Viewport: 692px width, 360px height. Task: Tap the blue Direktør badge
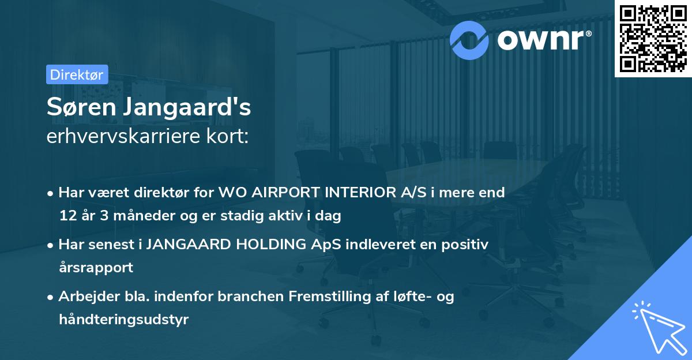click(x=77, y=74)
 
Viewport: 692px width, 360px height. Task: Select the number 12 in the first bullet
click(x=66, y=216)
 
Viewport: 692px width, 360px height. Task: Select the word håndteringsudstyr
click(x=123, y=320)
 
